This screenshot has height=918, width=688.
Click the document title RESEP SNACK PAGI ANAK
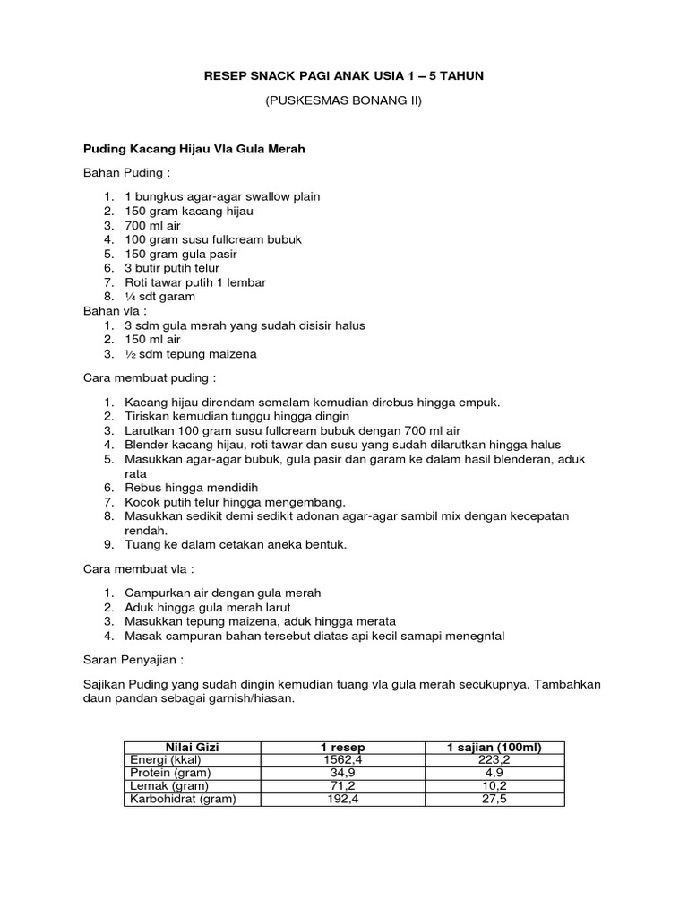tap(344, 77)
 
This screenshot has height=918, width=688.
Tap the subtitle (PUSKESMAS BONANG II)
tap(344, 101)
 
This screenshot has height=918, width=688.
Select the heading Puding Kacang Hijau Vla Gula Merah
tap(194, 149)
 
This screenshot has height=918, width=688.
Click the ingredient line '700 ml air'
tap(152, 225)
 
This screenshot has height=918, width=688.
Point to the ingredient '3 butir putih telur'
tap(172, 268)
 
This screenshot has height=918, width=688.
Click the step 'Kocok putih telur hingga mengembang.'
tap(235, 502)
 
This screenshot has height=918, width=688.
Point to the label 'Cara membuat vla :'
tap(138, 569)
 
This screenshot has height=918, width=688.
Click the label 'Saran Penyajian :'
tap(133, 660)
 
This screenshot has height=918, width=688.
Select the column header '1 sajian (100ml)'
tap(494, 748)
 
